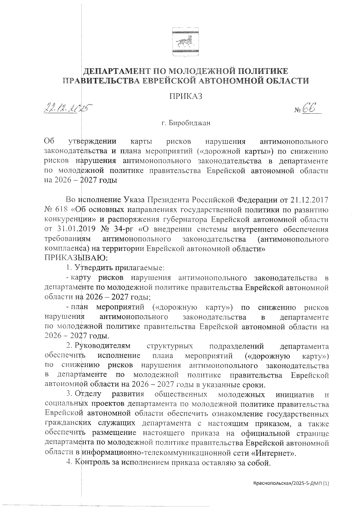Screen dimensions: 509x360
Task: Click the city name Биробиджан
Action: coord(190,123)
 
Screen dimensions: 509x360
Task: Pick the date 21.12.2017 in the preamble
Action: coord(309,200)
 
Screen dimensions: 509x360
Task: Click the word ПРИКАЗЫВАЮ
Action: coord(76,258)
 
